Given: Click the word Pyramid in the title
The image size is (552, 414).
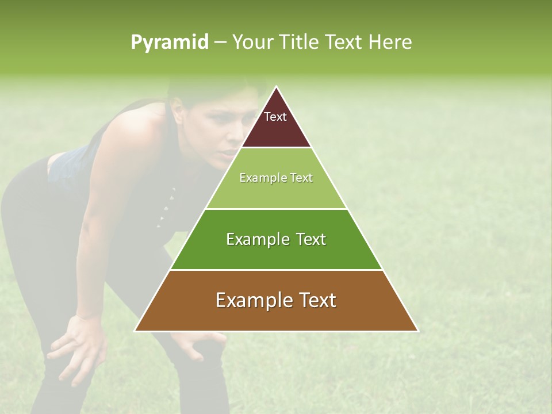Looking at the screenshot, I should coord(169,43).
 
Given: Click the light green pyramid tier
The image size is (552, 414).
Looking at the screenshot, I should coord(277,187).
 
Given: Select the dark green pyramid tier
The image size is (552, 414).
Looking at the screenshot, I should coord(277,247).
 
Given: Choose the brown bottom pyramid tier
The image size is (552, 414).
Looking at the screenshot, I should coord(277,310).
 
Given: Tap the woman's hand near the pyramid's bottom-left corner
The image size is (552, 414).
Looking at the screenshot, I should coord(198,342).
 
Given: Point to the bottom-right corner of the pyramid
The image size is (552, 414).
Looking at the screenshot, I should coord(417,331).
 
